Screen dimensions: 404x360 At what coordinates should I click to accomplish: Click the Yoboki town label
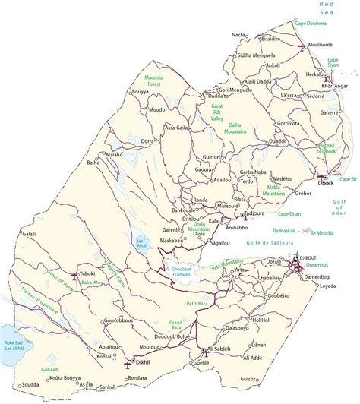click(88, 273)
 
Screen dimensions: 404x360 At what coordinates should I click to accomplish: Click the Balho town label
click(93, 163)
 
